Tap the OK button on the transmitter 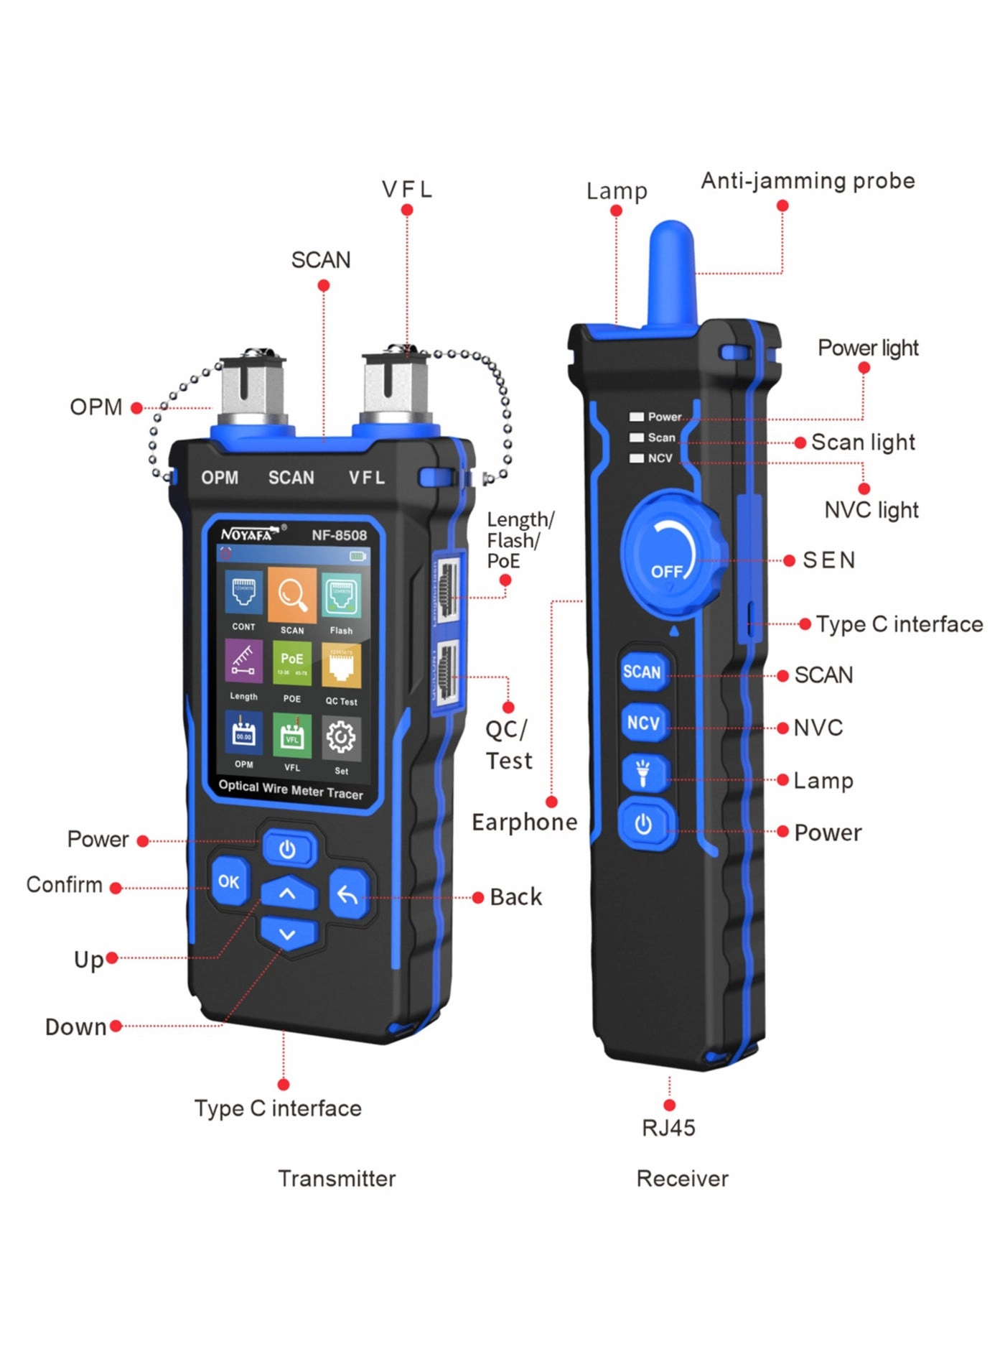pyautogui.click(x=229, y=881)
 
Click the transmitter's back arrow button pyautogui.click(x=348, y=895)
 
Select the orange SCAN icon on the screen pyautogui.click(x=292, y=596)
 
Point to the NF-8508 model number pyautogui.click(x=339, y=535)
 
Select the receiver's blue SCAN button pyautogui.click(x=642, y=672)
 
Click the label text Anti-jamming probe pyautogui.click(x=808, y=181)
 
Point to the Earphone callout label pyautogui.click(x=524, y=822)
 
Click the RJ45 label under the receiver pyautogui.click(x=668, y=1128)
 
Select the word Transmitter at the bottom pyautogui.click(x=337, y=1179)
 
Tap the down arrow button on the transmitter pyautogui.click(x=287, y=935)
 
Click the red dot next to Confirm pyautogui.click(x=116, y=888)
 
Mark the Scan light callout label pyautogui.click(x=863, y=442)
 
